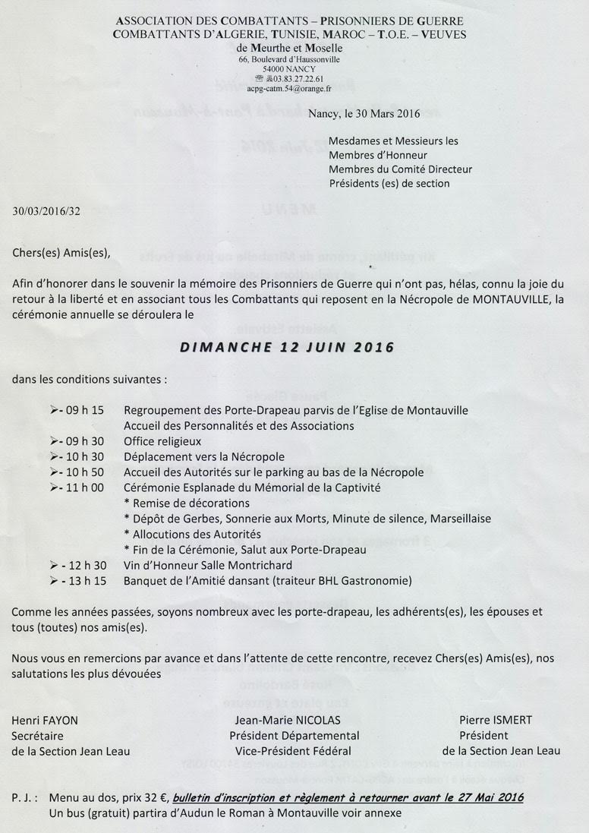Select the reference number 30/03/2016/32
click(x=46, y=210)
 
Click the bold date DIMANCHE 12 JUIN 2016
click(x=287, y=347)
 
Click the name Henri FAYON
click(x=45, y=720)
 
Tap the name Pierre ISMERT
click(x=496, y=720)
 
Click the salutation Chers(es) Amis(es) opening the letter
click(x=61, y=253)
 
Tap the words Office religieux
click(x=162, y=441)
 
